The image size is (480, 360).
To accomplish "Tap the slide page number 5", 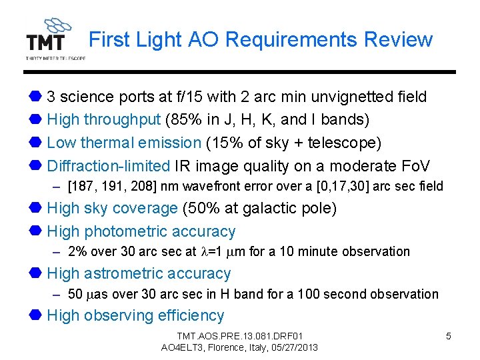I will [448, 336].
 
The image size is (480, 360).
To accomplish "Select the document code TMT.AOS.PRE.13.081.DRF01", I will [239, 336].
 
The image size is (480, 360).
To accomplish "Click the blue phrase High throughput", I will [104, 120].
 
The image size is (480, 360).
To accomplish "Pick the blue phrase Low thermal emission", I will [124, 143].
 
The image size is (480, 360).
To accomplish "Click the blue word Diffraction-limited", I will [109, 165].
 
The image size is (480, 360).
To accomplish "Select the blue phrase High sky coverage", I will [113, 208].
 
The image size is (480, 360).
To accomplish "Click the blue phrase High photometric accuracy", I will [141, 231].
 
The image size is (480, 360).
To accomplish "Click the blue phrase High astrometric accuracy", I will [139, 273].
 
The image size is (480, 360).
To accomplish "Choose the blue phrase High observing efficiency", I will [135, 315].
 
